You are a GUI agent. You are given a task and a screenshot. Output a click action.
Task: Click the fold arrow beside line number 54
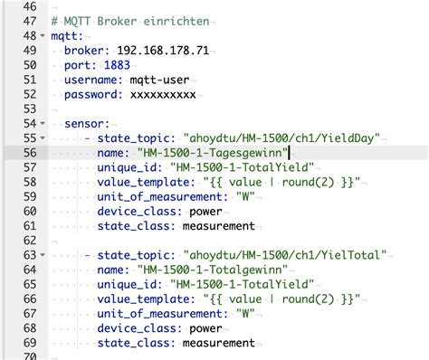pyautogui.click(x=44, y=124)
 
